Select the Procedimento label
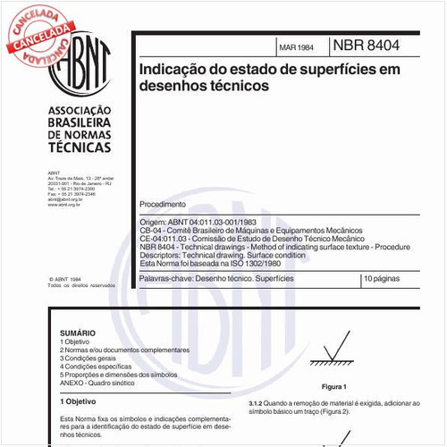[170, 205]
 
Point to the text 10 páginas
[384, 281]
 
